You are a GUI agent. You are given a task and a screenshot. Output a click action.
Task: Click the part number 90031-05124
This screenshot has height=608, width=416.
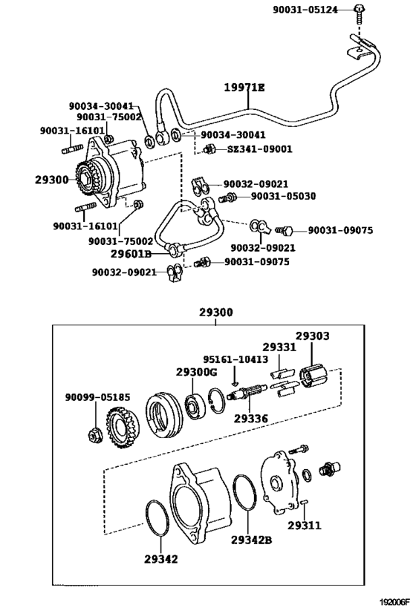pos(305,10)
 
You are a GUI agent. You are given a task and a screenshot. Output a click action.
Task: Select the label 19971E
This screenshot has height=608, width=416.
pos(244,88)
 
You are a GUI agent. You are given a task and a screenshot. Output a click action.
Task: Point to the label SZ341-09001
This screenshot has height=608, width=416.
pos(259,149)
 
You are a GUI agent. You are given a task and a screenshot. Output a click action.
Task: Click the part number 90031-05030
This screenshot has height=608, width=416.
pos(283,196)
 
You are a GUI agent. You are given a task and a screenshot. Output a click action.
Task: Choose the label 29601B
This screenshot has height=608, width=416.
pos(131,254)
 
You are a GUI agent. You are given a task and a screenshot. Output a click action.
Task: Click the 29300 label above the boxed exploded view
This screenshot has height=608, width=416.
pos(216,312)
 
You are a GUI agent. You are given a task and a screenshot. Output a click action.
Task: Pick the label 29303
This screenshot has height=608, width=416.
pos(313,336)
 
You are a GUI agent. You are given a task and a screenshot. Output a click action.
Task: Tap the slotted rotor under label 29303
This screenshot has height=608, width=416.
pos(313,376)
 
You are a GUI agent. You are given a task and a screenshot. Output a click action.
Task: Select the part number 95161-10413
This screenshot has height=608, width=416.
pos(235,359)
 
